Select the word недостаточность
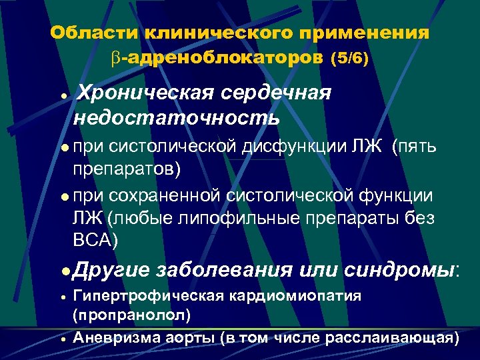[177, 117]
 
